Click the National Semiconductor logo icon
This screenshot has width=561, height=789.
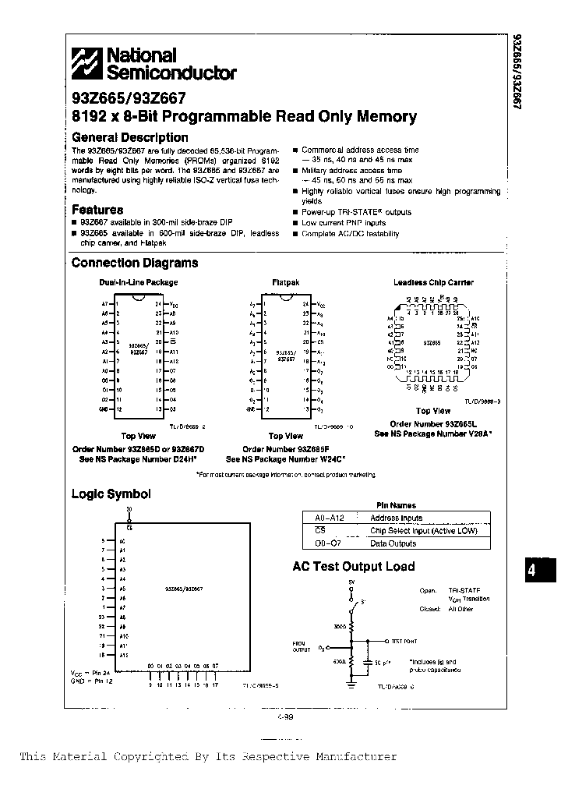point(87,64)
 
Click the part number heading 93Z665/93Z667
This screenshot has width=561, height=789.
point(129,99)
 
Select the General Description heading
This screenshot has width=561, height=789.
point(130,137)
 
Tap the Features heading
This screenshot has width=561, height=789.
point(97,209)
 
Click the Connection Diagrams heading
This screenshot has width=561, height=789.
point(135,263)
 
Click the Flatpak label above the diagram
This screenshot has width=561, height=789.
point(286,282)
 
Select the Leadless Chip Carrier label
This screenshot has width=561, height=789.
point(433,282)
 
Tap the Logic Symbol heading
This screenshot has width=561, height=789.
point(111,494)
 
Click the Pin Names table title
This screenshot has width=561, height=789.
point(396,505)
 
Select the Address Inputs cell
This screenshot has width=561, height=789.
point(396,518)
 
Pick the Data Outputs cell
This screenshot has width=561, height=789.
point(393,543)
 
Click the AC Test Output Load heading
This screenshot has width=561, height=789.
point(354,567)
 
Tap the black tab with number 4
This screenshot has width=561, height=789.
point(532,570)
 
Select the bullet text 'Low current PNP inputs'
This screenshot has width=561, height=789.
point(344,223)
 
